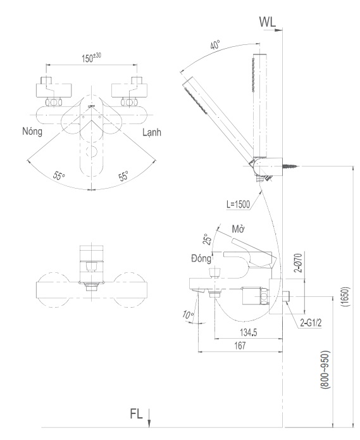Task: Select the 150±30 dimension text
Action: click(x=93, y=58)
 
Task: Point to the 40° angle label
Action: click(x=216, y=46)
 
